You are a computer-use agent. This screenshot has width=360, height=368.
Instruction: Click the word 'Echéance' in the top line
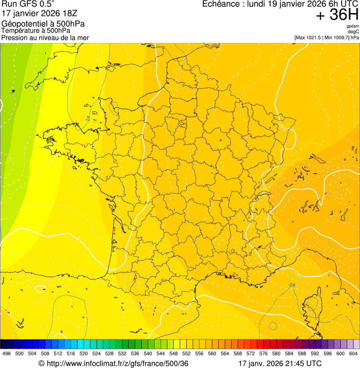[x=221, y=4]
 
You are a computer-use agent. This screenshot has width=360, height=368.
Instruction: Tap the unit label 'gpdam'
[x=353, y=26]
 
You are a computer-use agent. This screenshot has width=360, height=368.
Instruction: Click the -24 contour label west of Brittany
[x=88, y=118]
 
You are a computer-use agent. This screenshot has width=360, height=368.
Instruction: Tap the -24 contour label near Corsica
[x=292, y=285]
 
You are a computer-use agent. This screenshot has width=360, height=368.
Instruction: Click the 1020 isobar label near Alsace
[x=282, y=126]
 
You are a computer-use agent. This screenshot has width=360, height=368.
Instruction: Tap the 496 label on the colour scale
[x=7, y=353]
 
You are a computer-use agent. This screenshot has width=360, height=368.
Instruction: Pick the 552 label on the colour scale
[x=186, y=353]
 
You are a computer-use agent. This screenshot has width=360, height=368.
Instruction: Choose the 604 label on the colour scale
[x=353, y=353]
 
